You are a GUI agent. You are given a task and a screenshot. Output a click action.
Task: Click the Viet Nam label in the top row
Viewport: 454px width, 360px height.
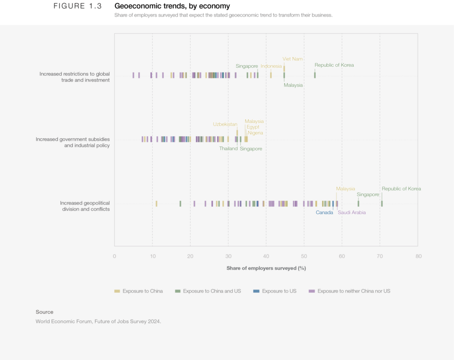[293, 59]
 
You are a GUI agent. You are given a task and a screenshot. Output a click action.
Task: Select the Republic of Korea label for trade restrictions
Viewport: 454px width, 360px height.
[334, 65]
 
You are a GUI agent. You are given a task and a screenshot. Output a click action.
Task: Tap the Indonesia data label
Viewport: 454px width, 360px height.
[271, 66]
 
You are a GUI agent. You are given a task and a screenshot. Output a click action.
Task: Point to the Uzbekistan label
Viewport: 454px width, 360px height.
[225, 124]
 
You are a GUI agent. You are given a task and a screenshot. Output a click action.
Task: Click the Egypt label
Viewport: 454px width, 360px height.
[253, 127]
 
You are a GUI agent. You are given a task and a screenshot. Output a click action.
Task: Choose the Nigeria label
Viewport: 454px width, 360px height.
[255, 133]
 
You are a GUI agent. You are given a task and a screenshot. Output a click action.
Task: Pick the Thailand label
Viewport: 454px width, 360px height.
[228, 149]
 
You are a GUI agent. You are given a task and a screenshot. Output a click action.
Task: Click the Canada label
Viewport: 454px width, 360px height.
[324, 213]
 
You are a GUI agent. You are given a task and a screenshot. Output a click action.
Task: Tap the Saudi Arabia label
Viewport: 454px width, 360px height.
[351, 213]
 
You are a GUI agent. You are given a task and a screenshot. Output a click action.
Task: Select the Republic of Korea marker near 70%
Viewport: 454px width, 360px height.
[382, 204]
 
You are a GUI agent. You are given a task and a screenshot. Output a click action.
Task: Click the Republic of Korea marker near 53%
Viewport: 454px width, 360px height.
[315, 75]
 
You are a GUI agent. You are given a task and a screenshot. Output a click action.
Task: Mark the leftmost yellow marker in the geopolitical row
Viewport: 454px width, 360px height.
[156, 204]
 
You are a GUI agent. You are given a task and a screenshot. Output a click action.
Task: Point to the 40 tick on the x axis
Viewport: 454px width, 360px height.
[266, 256]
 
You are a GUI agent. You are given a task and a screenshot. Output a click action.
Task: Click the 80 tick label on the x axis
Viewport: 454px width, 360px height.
[418, 256]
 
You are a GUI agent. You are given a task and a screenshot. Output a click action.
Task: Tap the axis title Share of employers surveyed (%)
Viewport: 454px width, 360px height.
[266, 268]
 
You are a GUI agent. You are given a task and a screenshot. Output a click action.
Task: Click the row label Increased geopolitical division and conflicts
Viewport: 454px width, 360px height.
[84, 206]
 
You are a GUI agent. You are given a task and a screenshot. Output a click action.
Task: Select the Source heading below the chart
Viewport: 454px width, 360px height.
[44, 312]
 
